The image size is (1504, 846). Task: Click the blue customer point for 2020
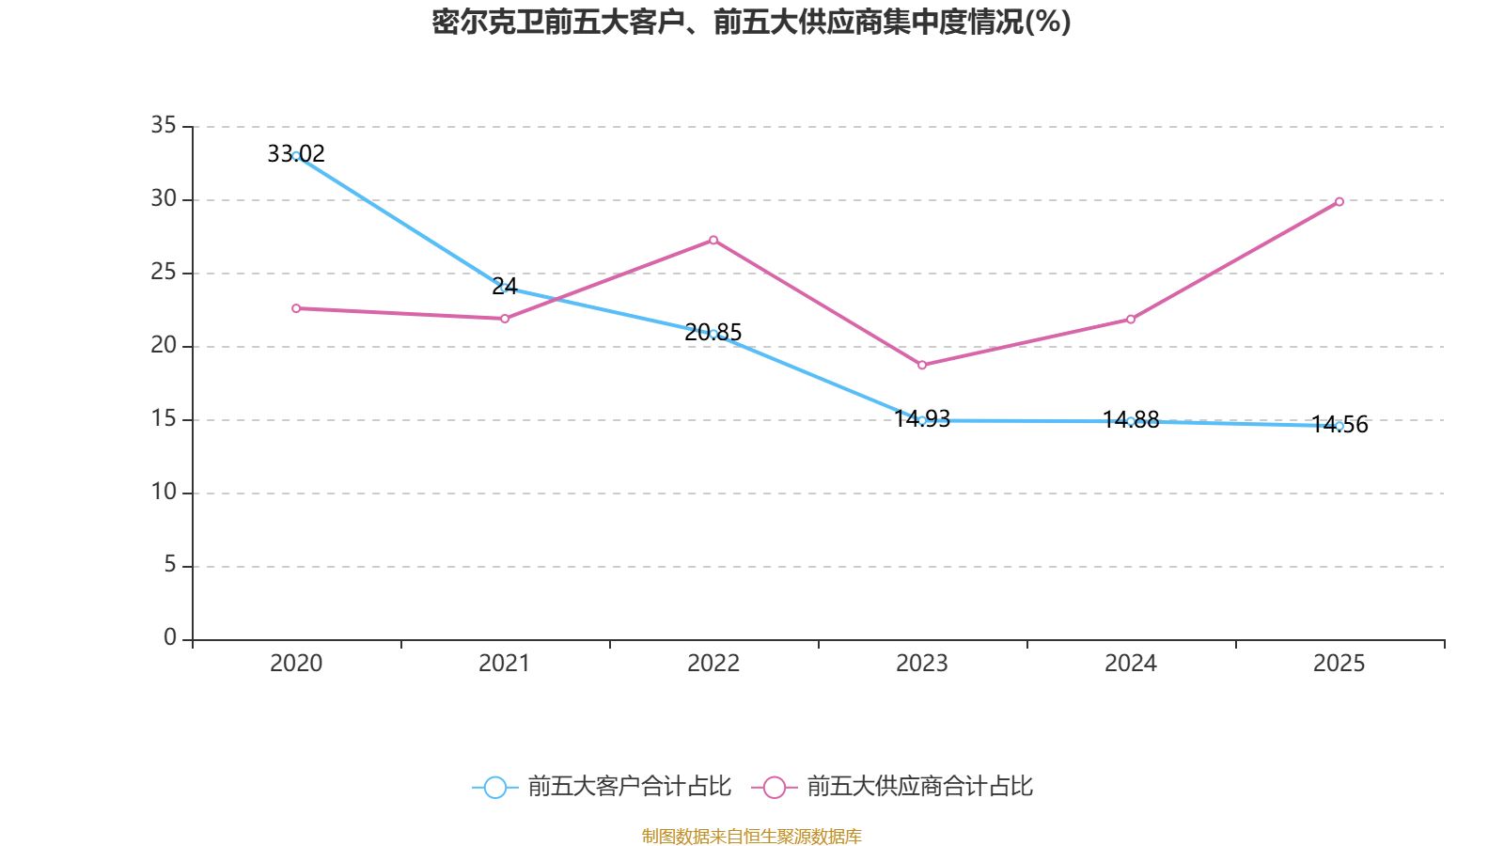click(296, 156)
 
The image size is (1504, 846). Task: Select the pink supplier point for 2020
click(296, 308)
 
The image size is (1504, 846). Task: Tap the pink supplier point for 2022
click(713, 240)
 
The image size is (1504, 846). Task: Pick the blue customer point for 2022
click(713, 334)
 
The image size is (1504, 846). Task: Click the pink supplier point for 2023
click(922, 365)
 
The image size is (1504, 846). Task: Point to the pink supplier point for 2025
click(1339, 201)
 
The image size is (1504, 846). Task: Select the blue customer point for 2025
click(1339, 426)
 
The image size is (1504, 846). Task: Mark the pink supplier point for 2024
click(1131, 320)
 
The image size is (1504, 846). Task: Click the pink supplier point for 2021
click(505, 319)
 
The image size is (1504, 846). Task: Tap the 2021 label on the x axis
click(505, 664)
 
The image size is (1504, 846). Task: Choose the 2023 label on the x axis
click(922, 664)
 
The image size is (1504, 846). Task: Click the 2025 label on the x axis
click(1339, 664)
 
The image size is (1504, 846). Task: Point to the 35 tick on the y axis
click(164, 125)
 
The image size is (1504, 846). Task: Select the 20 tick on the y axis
click(164, 345)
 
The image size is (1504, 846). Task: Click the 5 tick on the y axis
click(170, 564)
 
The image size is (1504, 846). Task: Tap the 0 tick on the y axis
click(170, 638)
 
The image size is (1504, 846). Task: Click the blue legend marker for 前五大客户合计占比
click(494, 787)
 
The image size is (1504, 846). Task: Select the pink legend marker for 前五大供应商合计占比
click(774, 787)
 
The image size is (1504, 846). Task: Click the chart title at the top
click(751, 22)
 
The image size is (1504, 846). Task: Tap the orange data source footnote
click(751, 836)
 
